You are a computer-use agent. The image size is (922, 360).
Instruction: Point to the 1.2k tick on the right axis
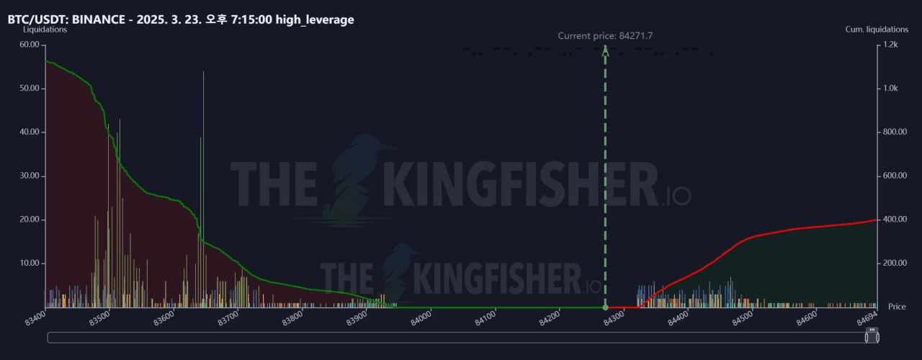[891, 45]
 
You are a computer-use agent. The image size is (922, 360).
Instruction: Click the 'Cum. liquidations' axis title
[877, 30]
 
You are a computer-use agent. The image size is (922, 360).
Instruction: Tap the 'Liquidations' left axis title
[45, 30]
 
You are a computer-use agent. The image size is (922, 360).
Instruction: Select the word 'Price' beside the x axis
[897, 307]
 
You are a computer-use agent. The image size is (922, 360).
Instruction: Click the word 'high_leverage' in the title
[315, 19]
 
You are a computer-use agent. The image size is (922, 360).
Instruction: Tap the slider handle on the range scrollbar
[872, 336]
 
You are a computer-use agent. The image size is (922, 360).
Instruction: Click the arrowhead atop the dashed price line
[605, 50]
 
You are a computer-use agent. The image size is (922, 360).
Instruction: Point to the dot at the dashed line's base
[605, 307]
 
